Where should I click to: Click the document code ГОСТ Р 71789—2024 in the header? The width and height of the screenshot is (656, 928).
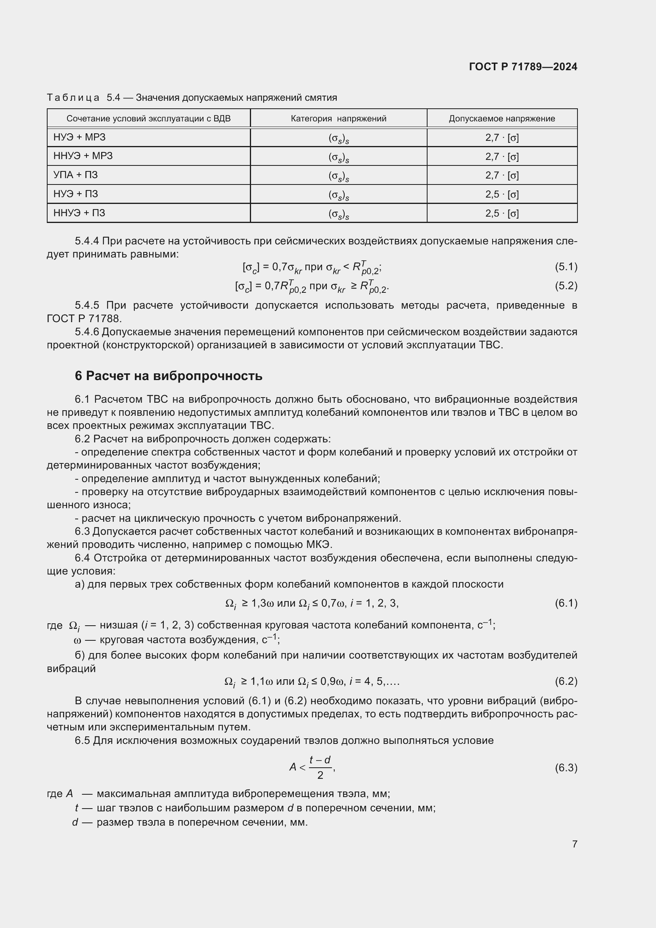click(x=523, y=67)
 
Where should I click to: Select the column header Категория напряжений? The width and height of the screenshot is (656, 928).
click(x=338, y=118)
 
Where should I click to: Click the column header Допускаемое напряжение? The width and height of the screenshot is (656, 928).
click(x=502, y=118)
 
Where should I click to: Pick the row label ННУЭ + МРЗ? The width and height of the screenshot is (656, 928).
click(x=83, y=156)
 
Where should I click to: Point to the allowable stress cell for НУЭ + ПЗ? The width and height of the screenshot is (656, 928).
click(x=502, y=194)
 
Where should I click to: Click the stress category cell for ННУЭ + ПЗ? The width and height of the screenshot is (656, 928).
click(x=338, y=214)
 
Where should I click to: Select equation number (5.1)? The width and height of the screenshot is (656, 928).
click(x=566, y=267)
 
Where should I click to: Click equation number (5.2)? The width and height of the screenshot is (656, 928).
click(x=566, y=286)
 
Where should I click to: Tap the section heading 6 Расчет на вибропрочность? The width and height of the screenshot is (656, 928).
click(x=169, y=376)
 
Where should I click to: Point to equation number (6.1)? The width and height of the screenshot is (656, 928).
click(x=566, y=603)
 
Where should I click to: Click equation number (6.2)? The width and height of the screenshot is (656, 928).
click(x=566, y=682)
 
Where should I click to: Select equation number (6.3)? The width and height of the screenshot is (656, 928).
click(x=566, y=768)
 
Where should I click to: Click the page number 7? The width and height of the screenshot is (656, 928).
click(x=574, y=844)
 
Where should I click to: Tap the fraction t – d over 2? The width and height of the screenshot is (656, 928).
click(x=320, y=767)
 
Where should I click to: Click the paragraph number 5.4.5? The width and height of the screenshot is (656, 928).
click(x=87, y=305)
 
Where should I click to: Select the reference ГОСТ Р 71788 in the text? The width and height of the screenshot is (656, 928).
click(x=83, y=319)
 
